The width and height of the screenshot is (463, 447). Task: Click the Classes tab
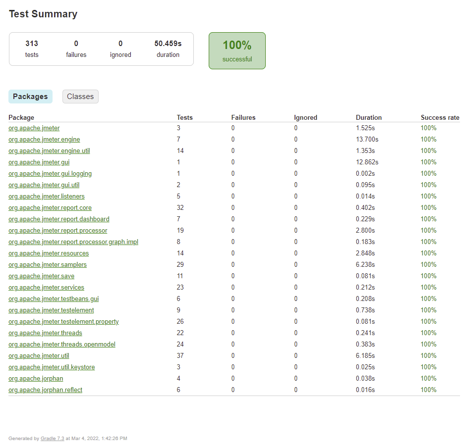tap(80, 97)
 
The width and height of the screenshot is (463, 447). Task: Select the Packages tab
tap(30, 97)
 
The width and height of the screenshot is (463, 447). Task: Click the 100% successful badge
tap(237, 50)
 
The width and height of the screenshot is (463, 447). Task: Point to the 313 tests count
tap(32, 44)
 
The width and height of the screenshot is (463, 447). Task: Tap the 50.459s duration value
tap(168, 44)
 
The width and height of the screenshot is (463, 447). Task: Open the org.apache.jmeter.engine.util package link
tap(49, 151)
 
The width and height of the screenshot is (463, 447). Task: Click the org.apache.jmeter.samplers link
tap(48, 265)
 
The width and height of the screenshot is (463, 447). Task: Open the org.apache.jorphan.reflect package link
tap(46, 390)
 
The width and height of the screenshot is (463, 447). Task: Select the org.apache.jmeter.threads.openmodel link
tap(62, 345)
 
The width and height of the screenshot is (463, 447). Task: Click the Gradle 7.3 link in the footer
tap(53, 439)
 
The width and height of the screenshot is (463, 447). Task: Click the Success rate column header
tap(440, 118)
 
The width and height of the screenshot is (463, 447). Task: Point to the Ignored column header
tap(305, 118)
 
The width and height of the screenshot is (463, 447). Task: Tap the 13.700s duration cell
tap(367, 140)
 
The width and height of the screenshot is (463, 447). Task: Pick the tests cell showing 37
tap(180, 356)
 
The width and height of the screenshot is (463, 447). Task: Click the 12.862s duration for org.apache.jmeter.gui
tap(367, 162)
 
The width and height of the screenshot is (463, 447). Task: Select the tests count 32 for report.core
tap(180, 208)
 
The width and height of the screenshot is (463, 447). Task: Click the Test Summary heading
tap(43, 14)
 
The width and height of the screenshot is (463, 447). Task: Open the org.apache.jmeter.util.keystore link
tap(52, 367)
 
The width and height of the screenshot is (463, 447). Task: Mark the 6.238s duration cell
tap(365, 265)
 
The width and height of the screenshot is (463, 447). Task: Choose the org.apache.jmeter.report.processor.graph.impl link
tap(73, 242)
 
